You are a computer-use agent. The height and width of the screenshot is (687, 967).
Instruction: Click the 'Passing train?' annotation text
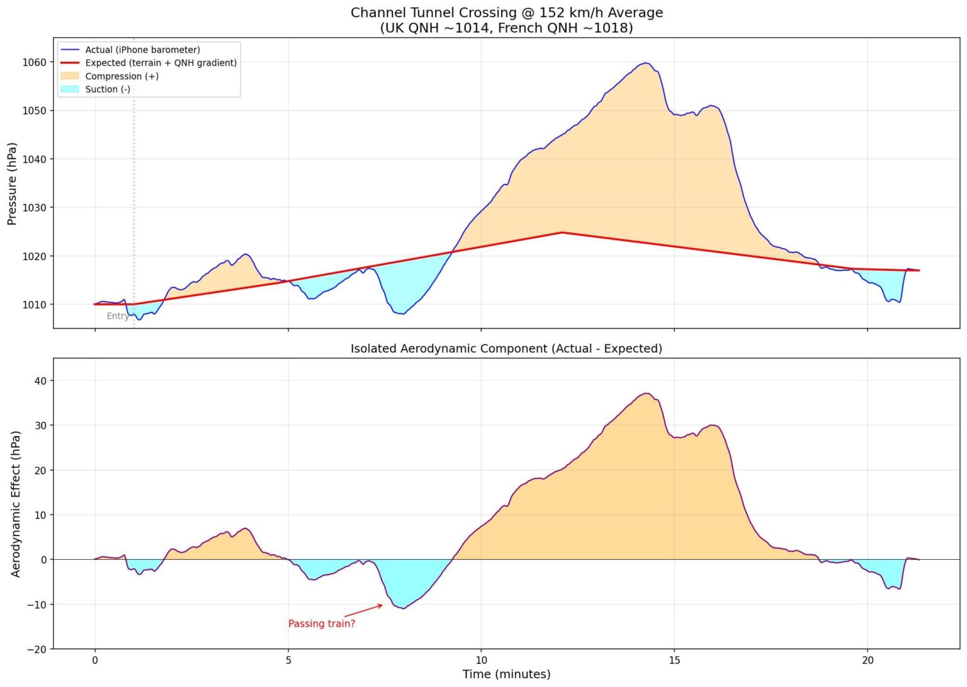322,623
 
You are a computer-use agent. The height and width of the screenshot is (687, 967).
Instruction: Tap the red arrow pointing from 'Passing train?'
364,611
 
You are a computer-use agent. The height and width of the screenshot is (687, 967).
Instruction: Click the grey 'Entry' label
118,316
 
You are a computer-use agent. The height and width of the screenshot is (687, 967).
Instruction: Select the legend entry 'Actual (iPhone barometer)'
142,50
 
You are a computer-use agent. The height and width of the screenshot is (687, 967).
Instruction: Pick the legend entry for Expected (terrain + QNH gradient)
161,63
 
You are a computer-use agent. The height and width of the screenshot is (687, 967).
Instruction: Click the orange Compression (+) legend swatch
70,76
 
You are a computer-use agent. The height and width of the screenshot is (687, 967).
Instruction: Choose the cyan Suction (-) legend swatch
70,89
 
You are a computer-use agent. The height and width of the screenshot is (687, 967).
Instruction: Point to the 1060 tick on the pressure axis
35,62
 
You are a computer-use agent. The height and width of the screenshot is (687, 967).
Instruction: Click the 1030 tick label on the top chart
35,208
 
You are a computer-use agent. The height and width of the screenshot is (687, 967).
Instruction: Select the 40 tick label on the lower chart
40,381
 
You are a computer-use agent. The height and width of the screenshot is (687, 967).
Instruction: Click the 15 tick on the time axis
674,660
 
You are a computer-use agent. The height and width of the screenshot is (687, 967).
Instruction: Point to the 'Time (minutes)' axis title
506,674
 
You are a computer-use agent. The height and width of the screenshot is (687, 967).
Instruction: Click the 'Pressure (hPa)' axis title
12,183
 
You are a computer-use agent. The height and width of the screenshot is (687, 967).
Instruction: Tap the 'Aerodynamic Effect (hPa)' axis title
16,504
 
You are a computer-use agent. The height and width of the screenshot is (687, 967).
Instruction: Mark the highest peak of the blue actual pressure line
645,63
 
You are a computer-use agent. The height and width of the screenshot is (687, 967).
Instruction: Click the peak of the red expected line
562,232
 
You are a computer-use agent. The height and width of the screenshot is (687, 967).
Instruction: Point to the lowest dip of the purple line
403,608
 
